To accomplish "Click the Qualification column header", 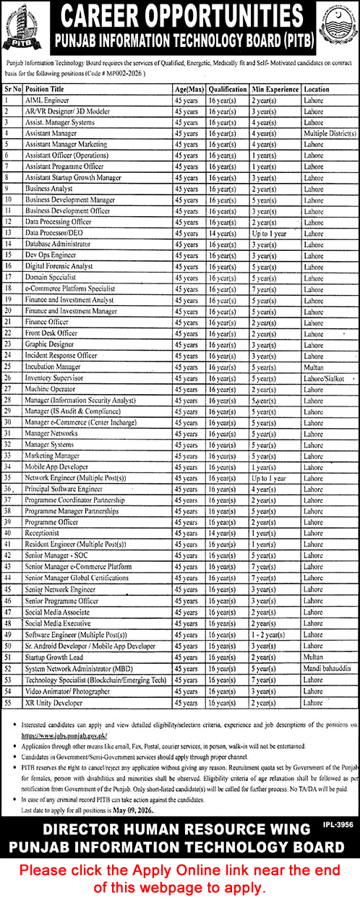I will (x=228, y=89).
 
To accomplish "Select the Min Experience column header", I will (x=275, y=89).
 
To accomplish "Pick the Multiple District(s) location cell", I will (x=330, y=134).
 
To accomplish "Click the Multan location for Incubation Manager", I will (x=314, y=367).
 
